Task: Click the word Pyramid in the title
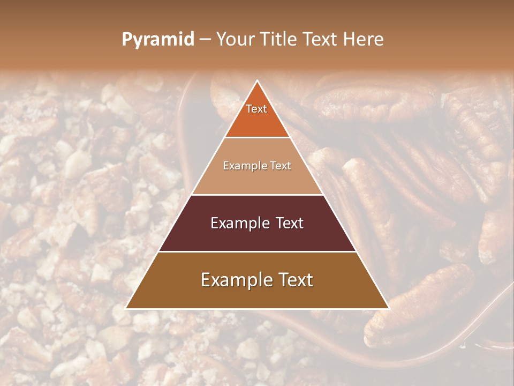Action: click(157, 40)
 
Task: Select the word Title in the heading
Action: click(282, 40)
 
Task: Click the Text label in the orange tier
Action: click(256, 109)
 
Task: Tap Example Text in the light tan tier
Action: click(257, 166)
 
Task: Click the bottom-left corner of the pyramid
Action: click(126, 308)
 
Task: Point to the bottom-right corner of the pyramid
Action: click(388, 308)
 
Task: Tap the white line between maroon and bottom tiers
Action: click(257, 251)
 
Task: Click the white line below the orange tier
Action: click(257, 138)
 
